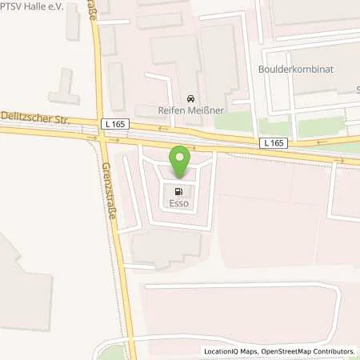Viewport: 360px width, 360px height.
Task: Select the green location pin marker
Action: (180, 161)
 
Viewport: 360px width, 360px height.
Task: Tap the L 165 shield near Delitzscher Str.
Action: (111, 124)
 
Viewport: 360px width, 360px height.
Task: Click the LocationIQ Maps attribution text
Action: (232, 351)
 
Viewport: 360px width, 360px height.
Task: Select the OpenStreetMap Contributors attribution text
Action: (310, 351)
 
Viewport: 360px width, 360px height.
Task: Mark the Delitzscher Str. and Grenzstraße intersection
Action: (102, 135)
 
